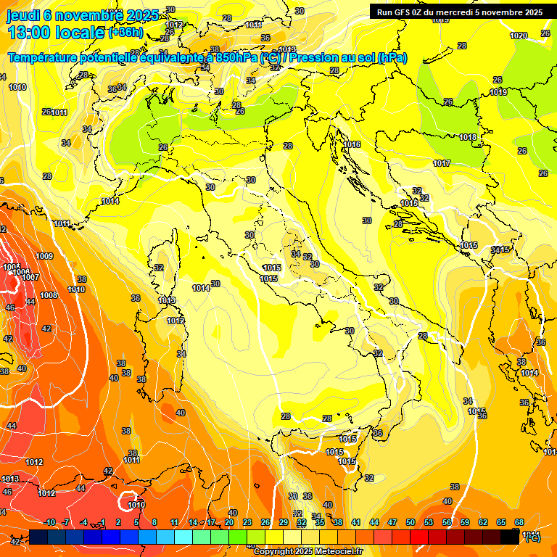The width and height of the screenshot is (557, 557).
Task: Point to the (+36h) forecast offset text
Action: [x=126, y=33]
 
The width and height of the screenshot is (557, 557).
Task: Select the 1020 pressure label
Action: [x=519, y=36]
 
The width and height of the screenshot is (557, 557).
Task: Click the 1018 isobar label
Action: [x=468, y=137]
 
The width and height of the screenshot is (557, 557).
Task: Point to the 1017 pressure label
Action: [x=442, y=163]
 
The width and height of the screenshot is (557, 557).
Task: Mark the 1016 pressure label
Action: [x=352, y=144]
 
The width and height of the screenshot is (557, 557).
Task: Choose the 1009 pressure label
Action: [x=45, y=256]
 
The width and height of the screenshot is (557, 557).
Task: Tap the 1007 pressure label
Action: [x=30, y=277]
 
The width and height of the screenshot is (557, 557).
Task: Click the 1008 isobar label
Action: [x=49, y=295]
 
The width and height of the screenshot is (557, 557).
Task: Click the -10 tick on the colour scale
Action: [x=50, y=522]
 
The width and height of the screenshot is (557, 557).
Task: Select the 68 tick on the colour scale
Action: [x=519, y=522]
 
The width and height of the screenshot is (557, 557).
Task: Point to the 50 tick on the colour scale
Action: [x=410, y=522]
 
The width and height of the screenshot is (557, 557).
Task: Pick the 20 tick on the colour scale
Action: [x=229, y=522]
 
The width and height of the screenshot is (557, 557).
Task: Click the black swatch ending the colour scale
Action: [x=510, y=537]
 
